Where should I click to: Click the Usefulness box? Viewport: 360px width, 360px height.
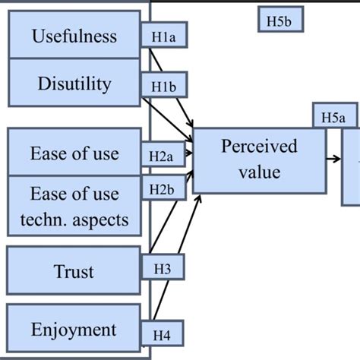tap(74, 36)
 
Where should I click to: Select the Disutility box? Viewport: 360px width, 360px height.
tap(74, 83)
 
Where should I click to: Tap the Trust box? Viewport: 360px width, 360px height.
tap(74, 271)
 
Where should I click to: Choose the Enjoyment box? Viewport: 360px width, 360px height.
tap(74, 329)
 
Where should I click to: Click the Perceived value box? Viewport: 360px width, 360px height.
tap(259, 159)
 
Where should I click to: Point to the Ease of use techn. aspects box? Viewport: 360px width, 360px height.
tap(74, 207)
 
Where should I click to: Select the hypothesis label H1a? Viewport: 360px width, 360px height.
tap(164, 36)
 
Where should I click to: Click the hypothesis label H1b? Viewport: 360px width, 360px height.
tap(164, 88)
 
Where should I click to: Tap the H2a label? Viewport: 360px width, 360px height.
tap(162, 156)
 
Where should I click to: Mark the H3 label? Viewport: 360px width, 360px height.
tap(163, 267)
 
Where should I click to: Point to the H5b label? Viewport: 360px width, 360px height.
tap(280, 21)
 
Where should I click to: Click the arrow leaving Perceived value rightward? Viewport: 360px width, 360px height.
tap(333, 159)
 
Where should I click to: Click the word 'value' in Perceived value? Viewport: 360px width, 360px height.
tap(259, 172)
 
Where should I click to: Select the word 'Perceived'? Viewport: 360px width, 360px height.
tap(259, 147)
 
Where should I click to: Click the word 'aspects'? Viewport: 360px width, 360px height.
tap(103, 220)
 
